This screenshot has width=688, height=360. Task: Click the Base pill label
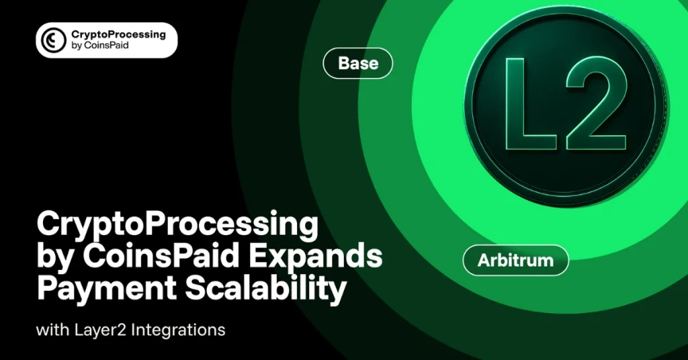pos(357,64)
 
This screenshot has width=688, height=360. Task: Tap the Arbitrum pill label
pos(516,260)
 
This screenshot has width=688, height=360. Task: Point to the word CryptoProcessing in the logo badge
pos(118,34)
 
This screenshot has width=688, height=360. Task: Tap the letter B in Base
pos(344,64)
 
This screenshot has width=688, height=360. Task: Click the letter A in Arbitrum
pos(483,260)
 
